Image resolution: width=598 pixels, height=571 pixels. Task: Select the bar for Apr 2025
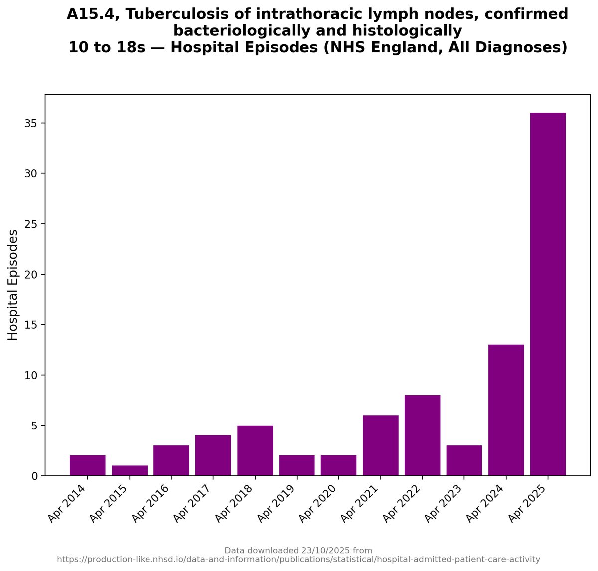(548, 294)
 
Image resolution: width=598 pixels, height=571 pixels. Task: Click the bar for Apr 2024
(506, 410)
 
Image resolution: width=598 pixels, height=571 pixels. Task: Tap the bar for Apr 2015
(130, 471)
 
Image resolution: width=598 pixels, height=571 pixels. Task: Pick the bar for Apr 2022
(422, 435)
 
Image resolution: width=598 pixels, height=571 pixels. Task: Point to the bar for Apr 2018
(255, 450)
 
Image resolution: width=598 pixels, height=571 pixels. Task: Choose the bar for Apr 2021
(380, 445)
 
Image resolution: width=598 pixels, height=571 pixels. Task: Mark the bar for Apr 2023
(464, 460)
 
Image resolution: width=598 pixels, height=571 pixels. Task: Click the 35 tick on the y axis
(31, 123)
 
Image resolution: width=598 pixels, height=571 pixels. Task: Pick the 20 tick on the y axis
(31, 275)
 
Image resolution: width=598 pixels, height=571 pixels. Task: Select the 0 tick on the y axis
(34, 476)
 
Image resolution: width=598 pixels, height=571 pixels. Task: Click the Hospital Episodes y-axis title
(13, 285)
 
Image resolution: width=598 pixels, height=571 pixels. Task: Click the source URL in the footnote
(299, 560)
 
